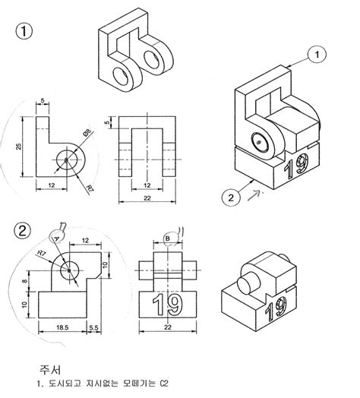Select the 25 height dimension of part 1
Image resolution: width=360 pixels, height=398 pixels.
(20, 145)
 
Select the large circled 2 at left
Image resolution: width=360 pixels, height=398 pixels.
(27, 229)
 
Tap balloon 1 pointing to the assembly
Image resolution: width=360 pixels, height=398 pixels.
(317, 54)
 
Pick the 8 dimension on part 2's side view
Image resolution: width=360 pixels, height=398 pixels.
(26, 282)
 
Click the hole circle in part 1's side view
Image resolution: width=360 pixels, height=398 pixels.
(68, 161)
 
